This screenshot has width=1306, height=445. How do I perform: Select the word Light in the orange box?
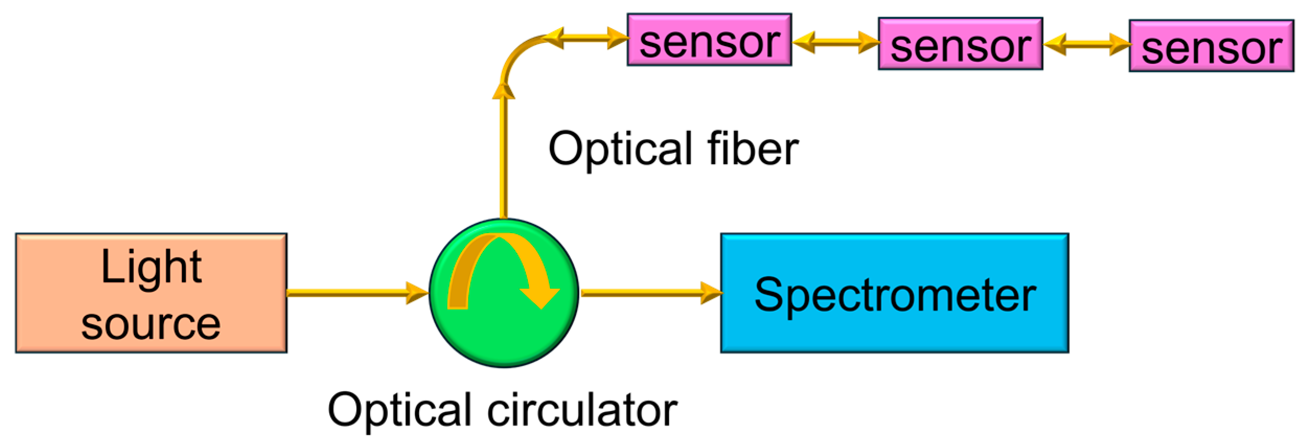click(x=151, y=267)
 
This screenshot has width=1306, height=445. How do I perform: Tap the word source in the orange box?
click(x=151, y=324)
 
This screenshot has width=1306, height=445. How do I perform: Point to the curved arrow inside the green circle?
click(x=502, y=261)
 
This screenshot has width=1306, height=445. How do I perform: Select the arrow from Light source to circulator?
click(x=355, y=293)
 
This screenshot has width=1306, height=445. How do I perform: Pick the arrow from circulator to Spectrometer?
click(x=651, y=293)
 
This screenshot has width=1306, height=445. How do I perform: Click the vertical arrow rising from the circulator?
click(x=504, y=157)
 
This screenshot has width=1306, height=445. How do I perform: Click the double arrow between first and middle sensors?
click(x=835, y=42)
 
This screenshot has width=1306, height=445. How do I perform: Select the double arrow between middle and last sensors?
click(x=1086, y=44)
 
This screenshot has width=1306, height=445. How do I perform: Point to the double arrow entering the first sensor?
click(x=585, y=38)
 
